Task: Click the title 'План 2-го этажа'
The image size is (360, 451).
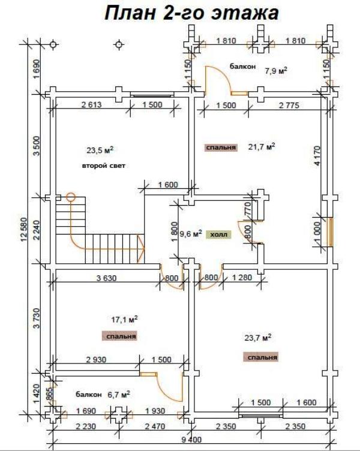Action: coord(191,13)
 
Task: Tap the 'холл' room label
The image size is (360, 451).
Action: coord(219,234)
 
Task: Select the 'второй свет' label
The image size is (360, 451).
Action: coord(104,166)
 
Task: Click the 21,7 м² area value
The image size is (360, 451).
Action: coord(261,147)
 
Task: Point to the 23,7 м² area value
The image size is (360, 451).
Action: coord(258,338)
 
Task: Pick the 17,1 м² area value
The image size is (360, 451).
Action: coord(124,319)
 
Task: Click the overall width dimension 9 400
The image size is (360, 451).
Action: coord(191,440)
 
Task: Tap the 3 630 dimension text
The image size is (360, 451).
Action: coord(106,278)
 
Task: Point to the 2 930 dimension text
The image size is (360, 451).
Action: coord(97,359)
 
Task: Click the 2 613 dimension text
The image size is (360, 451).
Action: coord(92,105)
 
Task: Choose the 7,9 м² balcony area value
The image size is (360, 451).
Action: coord(276,70)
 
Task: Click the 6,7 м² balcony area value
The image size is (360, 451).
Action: coord(119,395)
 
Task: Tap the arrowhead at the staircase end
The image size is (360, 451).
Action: coord(141,249)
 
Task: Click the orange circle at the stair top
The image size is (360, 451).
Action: coord(71,197)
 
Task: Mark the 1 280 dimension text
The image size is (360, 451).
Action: coord(242,278)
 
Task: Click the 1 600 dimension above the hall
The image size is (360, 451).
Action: coord(168,185)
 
